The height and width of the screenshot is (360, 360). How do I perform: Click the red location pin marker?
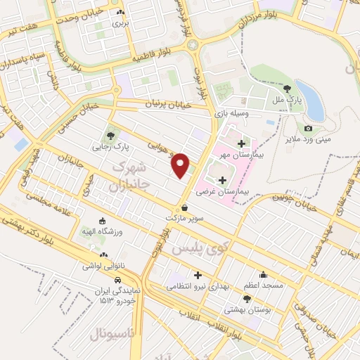click(181, 164)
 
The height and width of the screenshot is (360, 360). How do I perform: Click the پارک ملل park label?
click(288, 101)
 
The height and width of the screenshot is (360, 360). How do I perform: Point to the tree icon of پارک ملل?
click(288, 88)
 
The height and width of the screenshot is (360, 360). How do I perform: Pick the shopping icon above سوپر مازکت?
click(184, 207)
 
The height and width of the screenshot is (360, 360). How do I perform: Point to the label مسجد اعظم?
click(264, 286)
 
